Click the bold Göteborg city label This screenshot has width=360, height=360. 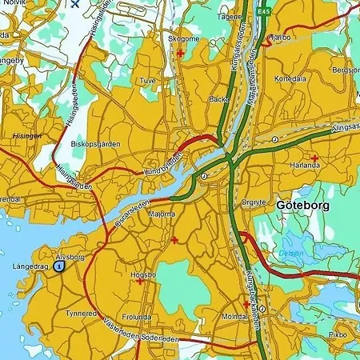[x=303, y=205]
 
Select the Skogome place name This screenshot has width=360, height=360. [x=183, y=38]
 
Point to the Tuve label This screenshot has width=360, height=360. [x=148, y=81]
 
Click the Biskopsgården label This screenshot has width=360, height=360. [x=95, y=144]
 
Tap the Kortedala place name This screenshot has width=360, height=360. [x=289, y=79]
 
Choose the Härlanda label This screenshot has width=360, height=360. [x=305, y=166]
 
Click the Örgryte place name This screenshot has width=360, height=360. [x=254, y=202]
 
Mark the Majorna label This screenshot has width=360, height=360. [x=162, y=214]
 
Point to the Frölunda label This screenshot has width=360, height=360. [x=137, y=317]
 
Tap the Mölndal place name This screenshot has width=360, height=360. [x=234, y=317]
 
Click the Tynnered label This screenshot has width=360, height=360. [x=81, y=313]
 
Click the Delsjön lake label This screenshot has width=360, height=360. [x=290, y=254]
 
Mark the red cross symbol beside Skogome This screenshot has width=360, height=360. [x=180, y=53]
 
